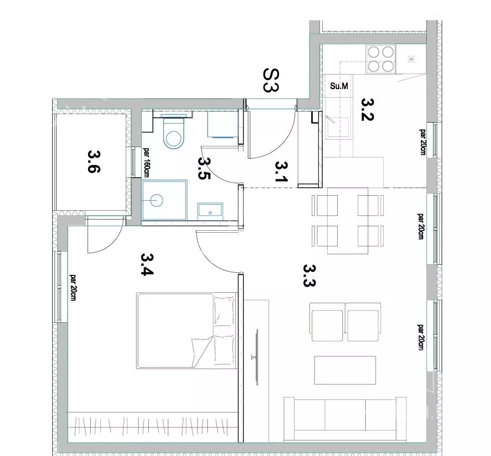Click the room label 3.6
[94, 161]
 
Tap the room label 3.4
[147, 264]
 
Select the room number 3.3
[310, 275]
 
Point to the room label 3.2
[368, 110]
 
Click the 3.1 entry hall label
[281, 171]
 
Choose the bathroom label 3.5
[204, 168]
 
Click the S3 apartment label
[271, 81]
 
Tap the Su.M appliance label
[339, 86]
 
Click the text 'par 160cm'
[146, 162]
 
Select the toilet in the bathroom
[174, 133]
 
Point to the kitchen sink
[337, 127]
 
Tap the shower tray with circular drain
[164, 200]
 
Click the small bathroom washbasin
[210, 211]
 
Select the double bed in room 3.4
[186, 330]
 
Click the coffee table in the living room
[345, 370]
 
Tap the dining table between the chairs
[348, 221]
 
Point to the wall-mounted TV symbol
[257, 357]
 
